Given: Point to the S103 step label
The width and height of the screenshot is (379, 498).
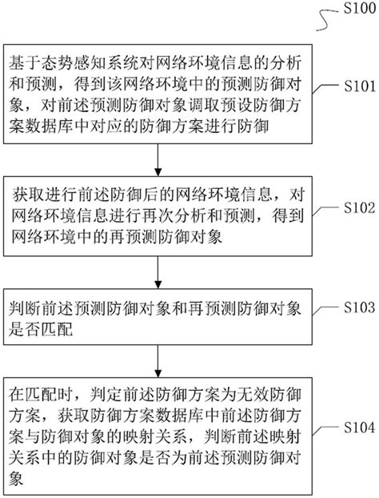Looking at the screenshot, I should click(351, 307).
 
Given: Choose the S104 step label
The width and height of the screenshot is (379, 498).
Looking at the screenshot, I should click(351, 427).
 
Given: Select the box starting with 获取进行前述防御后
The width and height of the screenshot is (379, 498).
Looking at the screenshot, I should click(161, 214).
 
